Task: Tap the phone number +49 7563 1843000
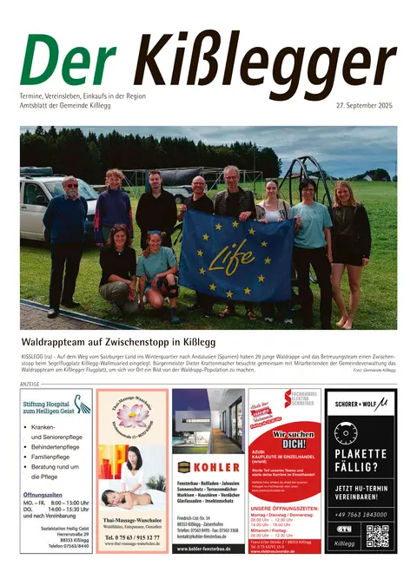(361, 514)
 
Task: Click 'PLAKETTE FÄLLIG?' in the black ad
(360, 461)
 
